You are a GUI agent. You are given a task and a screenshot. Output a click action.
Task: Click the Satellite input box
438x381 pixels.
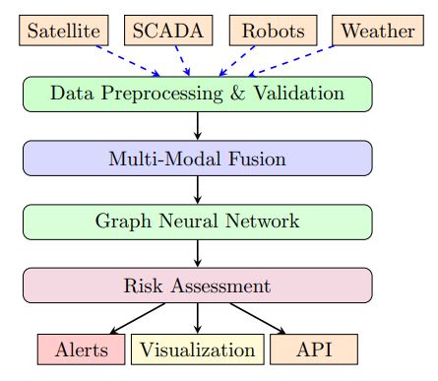click(63, 30)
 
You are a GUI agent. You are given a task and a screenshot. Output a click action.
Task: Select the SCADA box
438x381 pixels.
click(169, 30)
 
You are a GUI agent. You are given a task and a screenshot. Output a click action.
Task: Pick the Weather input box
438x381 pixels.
click(378, 30)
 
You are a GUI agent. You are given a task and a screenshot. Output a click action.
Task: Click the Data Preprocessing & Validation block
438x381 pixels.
click(198, 94)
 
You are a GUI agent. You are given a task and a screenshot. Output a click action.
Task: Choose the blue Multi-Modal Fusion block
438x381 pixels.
click(198, 158)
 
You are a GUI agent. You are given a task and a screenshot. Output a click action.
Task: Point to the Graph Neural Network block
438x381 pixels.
click(198, 222)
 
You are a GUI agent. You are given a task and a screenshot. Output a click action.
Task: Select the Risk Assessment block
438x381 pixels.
click(198, 286)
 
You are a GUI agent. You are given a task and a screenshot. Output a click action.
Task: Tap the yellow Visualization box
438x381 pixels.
click(198, 349)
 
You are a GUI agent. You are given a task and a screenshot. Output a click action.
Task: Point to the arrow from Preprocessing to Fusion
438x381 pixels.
click(198, 125)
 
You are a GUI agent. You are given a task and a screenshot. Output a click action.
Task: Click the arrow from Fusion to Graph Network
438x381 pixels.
click(198, 189)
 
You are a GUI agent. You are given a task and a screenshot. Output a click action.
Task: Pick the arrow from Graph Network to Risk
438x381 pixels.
click(198, 253)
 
